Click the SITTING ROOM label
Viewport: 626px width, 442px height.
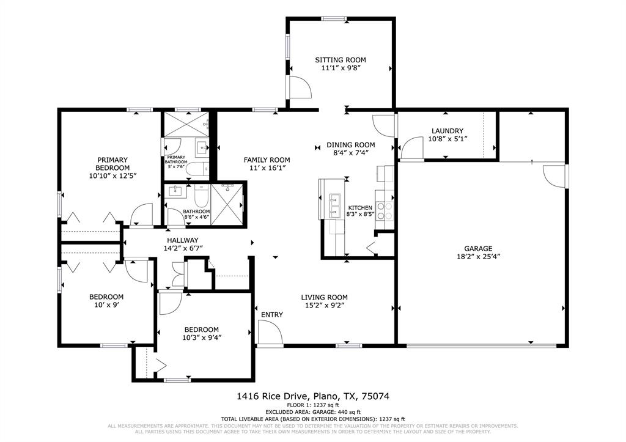click(341, 60)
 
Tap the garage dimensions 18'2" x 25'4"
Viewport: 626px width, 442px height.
click(478, 257)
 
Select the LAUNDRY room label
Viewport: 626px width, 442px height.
click(447, 131)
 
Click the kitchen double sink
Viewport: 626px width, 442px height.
click(335, 205)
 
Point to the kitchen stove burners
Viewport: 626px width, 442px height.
click(384, 211)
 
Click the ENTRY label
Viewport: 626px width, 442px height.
click(272, 315)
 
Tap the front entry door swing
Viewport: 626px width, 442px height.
click(268, 333)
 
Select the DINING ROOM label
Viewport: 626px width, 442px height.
click(350, 145)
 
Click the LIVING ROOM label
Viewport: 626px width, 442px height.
click(324, 298)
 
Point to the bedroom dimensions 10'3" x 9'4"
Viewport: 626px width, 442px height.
click(202, 337)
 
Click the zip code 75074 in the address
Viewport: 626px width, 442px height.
click(377, 396)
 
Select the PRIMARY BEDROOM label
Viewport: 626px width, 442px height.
click(112, 164)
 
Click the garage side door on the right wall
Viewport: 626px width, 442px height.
click(556, 175)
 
